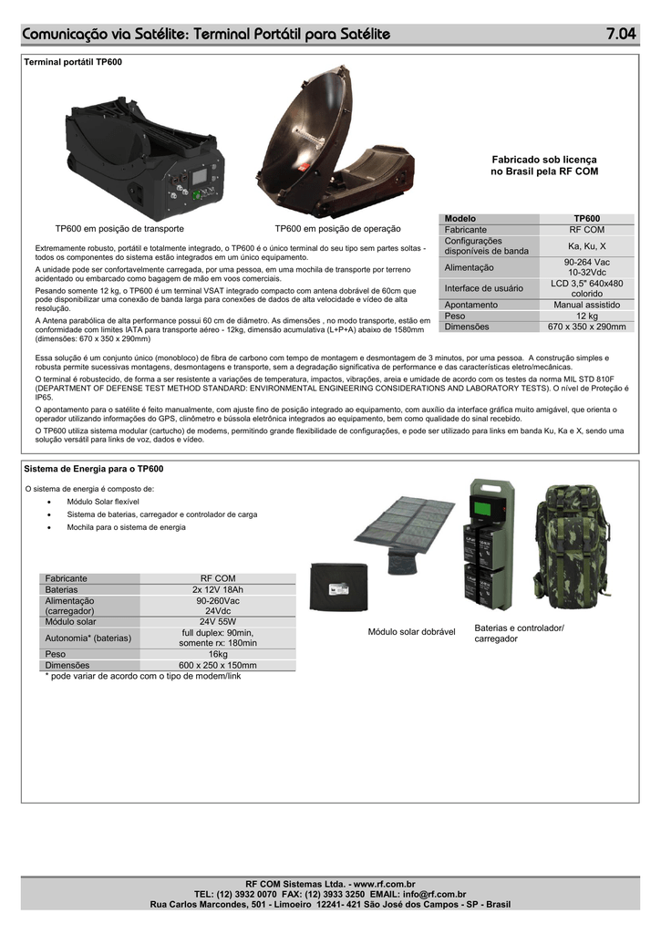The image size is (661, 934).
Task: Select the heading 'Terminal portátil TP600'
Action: [x=71, y=61]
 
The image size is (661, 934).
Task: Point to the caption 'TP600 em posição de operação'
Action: [x=337, y=228]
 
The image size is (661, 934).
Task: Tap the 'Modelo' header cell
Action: [x=460, y=219]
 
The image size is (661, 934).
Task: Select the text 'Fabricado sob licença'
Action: [x=544, y=159]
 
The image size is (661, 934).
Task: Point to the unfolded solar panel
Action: [x=404, y=534]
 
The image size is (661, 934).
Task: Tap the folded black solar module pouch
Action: [x=338, y=586]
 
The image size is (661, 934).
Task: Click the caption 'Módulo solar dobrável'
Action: [x=411, y=632]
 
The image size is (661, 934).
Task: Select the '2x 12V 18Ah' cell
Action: [x=217, y=589]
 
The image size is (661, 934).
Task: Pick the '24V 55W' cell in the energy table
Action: [x=217, y=621]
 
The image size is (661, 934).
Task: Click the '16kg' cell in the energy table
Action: [x=217, y=654]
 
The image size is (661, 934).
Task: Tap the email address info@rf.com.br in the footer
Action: [x=434, y=895]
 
